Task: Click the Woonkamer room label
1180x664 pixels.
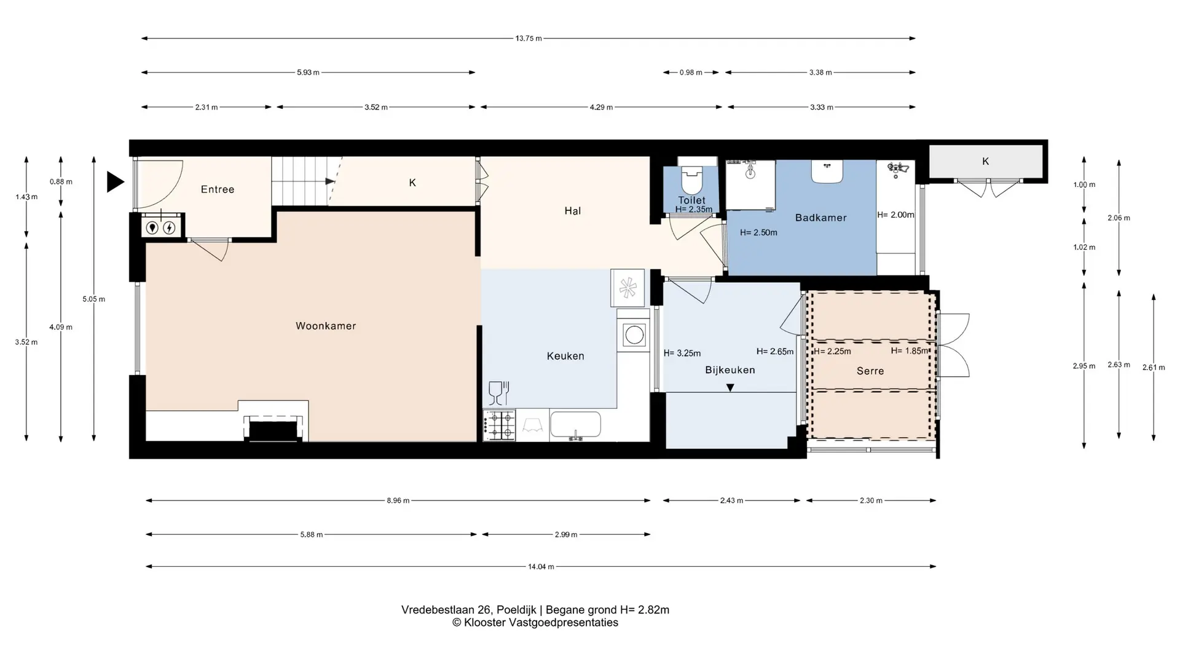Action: (x=326, y=326)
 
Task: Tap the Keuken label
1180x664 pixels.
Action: (x=565, y=356)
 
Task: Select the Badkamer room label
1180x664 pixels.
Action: (x=820, y=218)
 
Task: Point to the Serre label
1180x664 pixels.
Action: (x=870, y=371)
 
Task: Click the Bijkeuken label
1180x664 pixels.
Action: (x=730, y=370)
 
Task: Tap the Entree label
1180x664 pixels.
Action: (x=218, y=189)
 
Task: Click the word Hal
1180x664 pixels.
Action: (x=572, y=211)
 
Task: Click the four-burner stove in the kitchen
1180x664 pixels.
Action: (x=499, y=425)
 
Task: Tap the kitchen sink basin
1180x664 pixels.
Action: (x=575, y=425)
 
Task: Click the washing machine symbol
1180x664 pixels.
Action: (x=634, y=335)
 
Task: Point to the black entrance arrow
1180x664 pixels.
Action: (x=115, y=182)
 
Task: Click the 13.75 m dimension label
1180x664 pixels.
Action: (x=529, y=38)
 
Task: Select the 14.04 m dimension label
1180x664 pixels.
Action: (x=541, y=567)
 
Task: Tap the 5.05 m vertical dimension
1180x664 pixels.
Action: (x=94, y=299)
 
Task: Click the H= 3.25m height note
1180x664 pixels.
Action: (x=682, y=354)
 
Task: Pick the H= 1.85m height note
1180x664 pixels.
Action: (x=910, y=351)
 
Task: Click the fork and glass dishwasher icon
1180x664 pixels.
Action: (x=498, y=393)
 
